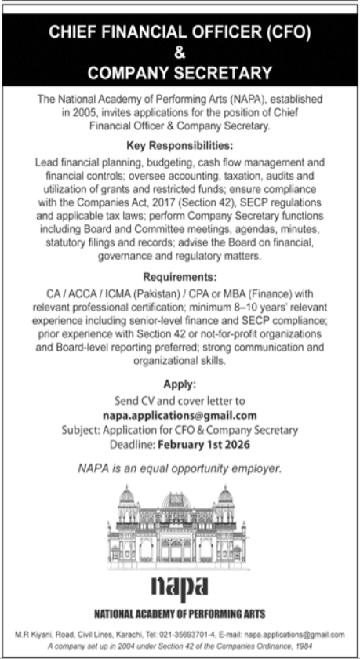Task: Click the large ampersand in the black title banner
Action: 180,53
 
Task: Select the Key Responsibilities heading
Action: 180,146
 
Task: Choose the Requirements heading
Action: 180,276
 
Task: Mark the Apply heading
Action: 180,384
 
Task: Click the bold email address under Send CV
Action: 180,416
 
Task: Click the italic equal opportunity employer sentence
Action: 180,468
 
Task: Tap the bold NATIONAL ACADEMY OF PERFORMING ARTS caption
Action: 180,612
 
